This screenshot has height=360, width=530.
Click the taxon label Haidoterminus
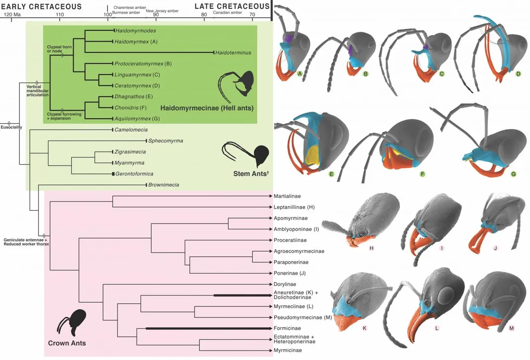pyautogui.click(x=233, y=53)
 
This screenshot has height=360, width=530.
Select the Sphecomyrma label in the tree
pyautogui.click(x=166, y=140)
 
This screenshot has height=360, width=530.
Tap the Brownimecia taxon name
pyautogui.click(x=164, y=185)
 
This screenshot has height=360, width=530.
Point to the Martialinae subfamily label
pyautogui.click(x=287, y=196)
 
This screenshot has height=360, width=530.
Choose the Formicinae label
pyautogui.click(x=287, y=328)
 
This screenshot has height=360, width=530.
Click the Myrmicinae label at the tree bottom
pyautogui.click(x=288, y=351)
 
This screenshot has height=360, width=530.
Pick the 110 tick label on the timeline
pyautogui.click(x=59, y=14)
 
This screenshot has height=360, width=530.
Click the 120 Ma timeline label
pyautogui.click(x=12, y=14)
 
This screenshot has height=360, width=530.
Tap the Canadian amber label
pyautogui.click(x=227, y=12)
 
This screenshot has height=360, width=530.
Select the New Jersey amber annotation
pyautogui.click(x=162, y=11)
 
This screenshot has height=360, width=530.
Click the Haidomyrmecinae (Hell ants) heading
pyautogui.click(x=207, y=108)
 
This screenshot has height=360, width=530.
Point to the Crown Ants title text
pyautogui.click(x=67, y=343)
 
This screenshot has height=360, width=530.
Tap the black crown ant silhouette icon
pyautogui.click(x=77, y=321)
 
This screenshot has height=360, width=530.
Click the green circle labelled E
pyautogui.click(x=331, y=174)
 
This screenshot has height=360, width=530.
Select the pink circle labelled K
pyautogui.click(x=364, y=328)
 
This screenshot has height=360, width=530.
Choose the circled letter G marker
pyautogui.click(x=513, y=174)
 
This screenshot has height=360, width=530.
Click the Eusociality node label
pyautogui.click(x=11, y=128)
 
